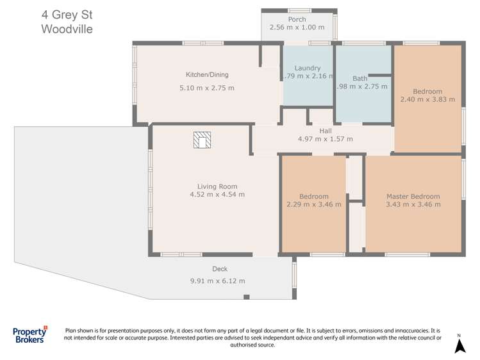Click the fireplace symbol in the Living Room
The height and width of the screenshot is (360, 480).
click(x=203, y=140)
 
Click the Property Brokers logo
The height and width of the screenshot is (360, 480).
click(x=30, y=336)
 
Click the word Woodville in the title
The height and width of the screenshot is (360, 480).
click(x=67, y=29)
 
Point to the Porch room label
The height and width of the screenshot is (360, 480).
click(x=297, y=19)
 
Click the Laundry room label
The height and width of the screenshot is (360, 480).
click(x=307, y=68)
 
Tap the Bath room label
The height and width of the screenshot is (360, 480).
click(x=360, y=78)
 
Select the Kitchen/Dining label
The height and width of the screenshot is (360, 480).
click(x=207, y=75)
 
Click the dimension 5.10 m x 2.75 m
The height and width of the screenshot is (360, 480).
click(x=208, y=88)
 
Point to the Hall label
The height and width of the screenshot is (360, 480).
click(x=326, y=130)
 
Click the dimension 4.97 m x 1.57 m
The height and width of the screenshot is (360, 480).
click(x=326, y=138)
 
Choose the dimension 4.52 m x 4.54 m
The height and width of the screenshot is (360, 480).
click(x=217, y=195)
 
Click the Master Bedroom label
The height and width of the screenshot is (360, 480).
click(x=413, y=197)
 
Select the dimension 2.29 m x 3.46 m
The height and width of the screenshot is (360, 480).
click(x=313, y=205)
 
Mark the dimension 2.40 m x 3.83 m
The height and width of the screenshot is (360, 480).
click(x=427, y=99)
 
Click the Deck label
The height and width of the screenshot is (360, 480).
click(x=220, y=269)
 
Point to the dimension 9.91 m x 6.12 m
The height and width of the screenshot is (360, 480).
click(x=218, y=281)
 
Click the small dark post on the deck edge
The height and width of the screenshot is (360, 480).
click(x=246, y=297)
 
